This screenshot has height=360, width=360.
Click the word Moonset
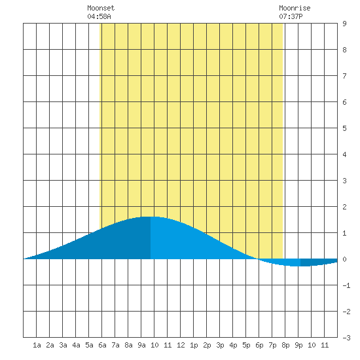(101, 8)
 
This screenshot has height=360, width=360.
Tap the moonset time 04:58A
(99, 16)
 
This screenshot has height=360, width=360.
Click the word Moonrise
(295, 8)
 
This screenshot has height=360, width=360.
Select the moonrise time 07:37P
(291, 16)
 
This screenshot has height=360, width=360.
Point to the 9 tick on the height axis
(344, 24)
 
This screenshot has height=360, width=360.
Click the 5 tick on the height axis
(344, 128)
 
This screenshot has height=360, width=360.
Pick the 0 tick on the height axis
(344, 259)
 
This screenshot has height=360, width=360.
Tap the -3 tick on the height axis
(346, 338)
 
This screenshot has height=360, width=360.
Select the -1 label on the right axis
(346, 285)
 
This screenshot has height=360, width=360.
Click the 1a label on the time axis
(37, 345)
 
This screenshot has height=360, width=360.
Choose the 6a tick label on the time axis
(102, 345)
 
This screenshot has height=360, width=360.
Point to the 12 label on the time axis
(181, 345)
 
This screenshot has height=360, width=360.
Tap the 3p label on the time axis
(220, 345)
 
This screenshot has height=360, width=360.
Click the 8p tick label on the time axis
(285, 345)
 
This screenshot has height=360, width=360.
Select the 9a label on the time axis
(141, 345)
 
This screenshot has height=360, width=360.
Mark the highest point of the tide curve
(149, 217)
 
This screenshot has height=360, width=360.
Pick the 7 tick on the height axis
(344, 76)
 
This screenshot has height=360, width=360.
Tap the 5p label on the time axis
(246, 345)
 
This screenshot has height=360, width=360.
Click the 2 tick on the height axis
(344, 207)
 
